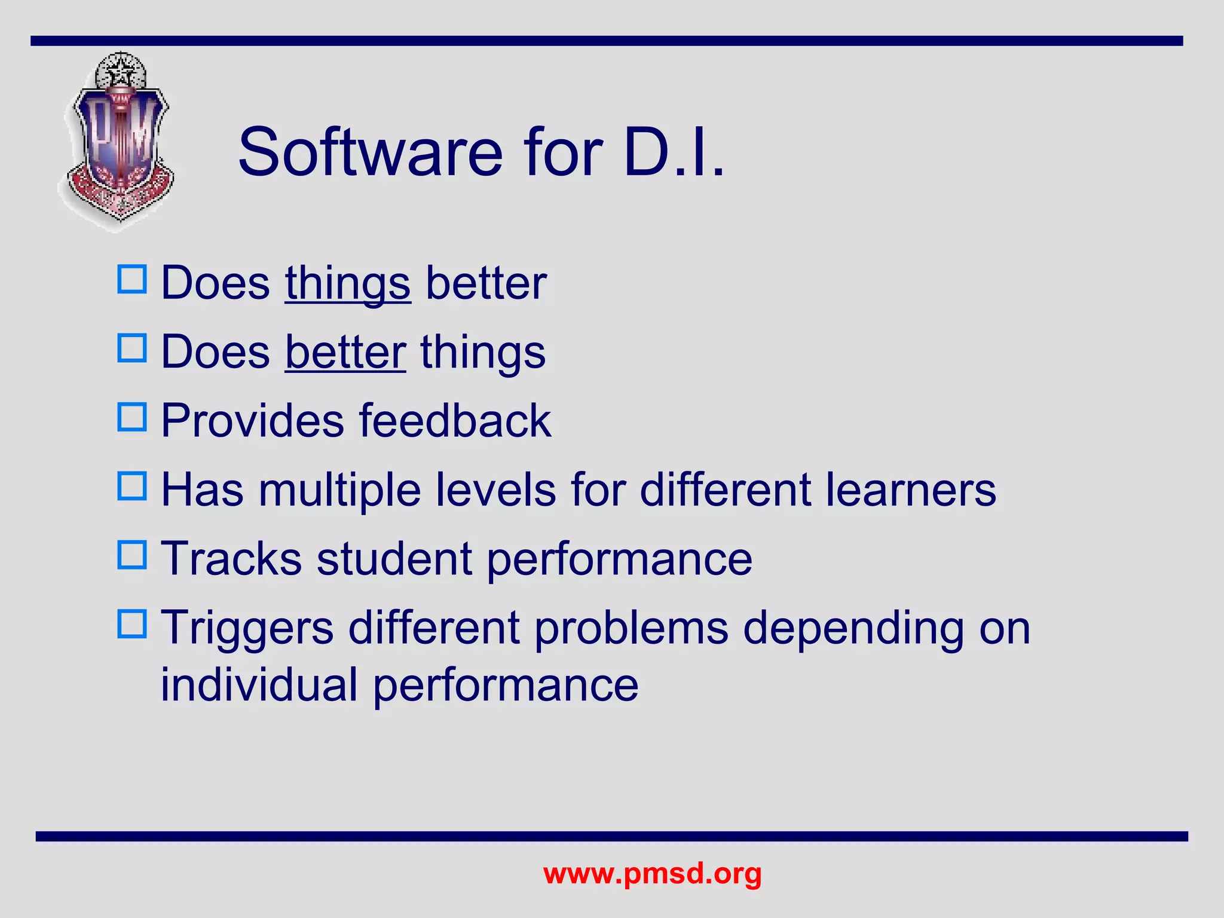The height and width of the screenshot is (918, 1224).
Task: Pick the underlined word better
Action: pos(345,352)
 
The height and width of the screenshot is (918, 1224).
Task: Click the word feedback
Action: pos(455,421)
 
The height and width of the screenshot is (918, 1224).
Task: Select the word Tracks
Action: pos(232,559)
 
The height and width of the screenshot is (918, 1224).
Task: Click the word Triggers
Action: pos(247,629)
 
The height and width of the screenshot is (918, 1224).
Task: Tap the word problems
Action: pos(631,629)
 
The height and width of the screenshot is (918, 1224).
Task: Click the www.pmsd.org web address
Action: pos(652,873)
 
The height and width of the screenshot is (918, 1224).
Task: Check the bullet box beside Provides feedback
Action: pos(132,417)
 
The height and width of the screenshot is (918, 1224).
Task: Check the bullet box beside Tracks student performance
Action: pos(132,555)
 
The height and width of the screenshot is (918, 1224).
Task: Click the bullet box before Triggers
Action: pos(132,624)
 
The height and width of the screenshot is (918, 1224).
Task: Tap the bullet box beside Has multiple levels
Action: pos(132,486)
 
